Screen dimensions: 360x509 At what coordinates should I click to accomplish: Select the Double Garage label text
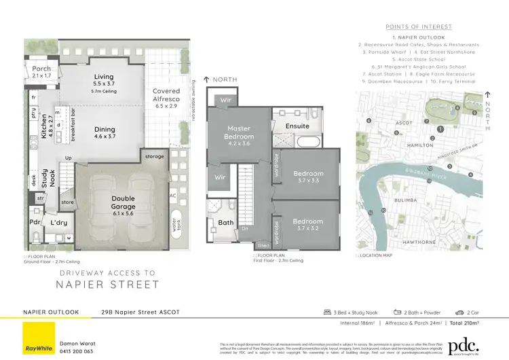(x=123, y=202)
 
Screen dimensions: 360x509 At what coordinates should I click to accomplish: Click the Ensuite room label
(x=297, y=126)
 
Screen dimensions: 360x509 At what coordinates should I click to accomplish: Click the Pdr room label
(x=34, y=223)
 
